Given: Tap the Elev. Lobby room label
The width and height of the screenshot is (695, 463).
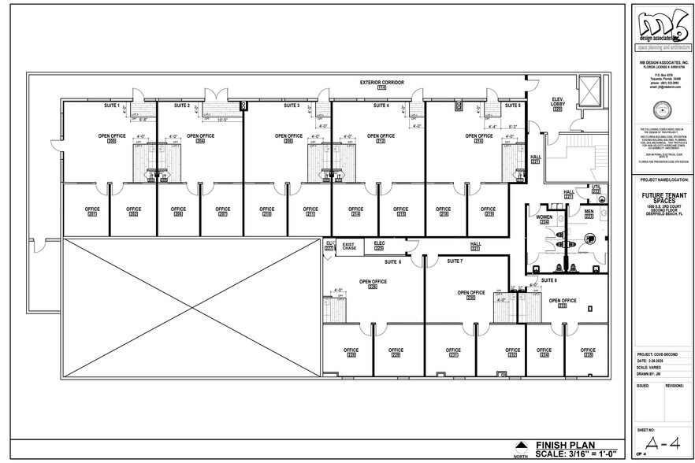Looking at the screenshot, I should click(x=557, y=102).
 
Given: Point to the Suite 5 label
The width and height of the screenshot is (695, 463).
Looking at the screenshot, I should click(x=513, y=105).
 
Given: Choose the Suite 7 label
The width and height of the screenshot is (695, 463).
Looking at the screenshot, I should click(x=455, y=261).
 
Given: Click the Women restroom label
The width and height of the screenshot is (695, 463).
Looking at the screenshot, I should click(x=544, y=217).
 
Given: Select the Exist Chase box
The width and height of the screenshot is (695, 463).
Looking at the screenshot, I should click(x=349, y=246).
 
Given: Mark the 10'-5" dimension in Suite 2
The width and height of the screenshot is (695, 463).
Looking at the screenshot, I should click(x=221, y=120).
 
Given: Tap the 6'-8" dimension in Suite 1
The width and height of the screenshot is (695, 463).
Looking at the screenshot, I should click(x=143, y=120).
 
